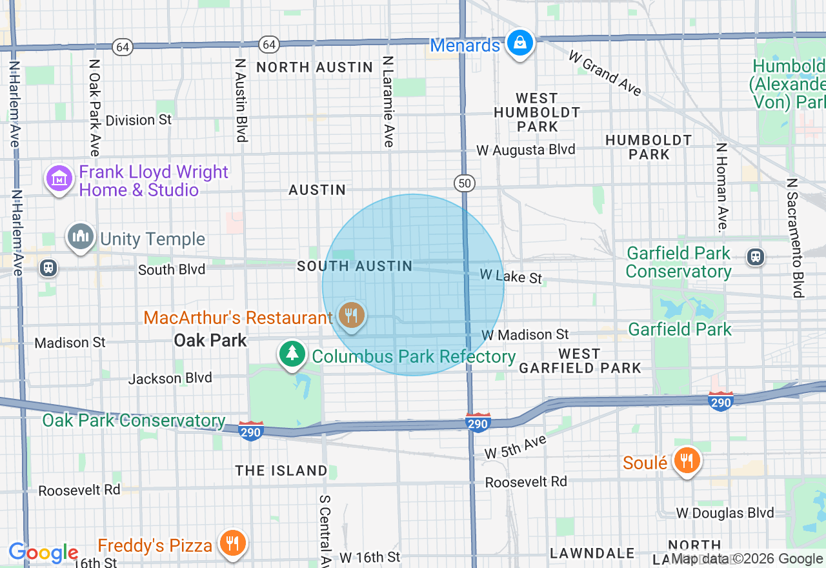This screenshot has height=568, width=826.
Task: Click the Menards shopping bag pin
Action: click(x=518, y=44)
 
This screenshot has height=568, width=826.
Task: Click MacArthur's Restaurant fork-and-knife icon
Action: click(x=351, y=316)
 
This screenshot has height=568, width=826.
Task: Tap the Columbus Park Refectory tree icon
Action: click(x=293, y=354)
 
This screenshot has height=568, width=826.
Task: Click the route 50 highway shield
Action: click(x=464, y=183)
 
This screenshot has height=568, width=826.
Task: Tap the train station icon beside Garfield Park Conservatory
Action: click(x=755, y=257)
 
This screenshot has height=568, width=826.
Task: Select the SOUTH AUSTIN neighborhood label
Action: click(x=354, y=266)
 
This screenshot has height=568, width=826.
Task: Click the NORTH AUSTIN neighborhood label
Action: click(x=315, y=67)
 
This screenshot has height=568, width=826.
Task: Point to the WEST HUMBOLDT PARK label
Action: click(x=537, y=112)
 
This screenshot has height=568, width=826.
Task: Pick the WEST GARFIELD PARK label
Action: click(x=579, y=361)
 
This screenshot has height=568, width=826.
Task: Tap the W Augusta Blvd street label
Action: click(x=525, y=150)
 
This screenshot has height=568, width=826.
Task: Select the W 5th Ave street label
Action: click(x=515, y=447)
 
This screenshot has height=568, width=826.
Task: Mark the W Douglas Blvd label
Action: click(x=725, y=513)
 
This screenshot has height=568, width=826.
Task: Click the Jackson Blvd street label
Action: click(x=170, y=378)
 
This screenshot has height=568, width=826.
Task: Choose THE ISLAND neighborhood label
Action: click(x=281, y=471)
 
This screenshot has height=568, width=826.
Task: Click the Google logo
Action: click(x=43, y=553)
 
